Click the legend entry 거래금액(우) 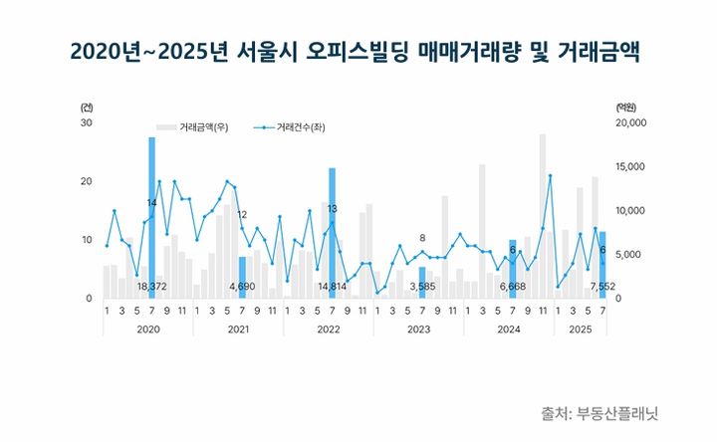point(203,127)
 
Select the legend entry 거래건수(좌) point(291,127)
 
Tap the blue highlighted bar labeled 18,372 point(151,214)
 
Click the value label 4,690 point(242,287)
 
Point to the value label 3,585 point(422,287)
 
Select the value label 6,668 point(512,287)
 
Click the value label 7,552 point(601,287)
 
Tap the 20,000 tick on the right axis point(633,122)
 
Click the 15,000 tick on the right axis point(633,166)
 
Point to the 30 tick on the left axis point(86,122)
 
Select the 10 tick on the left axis point(86,240)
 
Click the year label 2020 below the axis point(147,328)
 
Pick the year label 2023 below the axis point(418,328)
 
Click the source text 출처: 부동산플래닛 point(599,412)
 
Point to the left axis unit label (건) point(87,106)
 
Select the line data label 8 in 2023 point(422,238)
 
